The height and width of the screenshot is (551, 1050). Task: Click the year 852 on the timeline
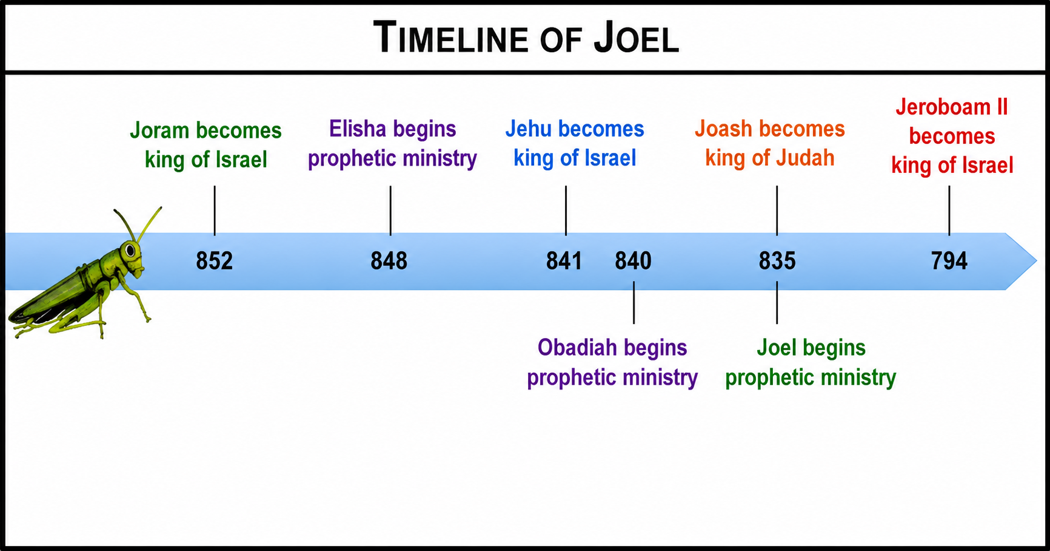click(214, 261)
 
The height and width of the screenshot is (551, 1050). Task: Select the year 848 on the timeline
click(389, 261)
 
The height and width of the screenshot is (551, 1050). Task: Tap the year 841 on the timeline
click(564, 261)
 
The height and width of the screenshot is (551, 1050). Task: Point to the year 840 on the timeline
click(633, 261)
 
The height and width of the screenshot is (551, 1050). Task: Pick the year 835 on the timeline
click(777, 261)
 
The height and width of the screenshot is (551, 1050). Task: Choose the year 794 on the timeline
click(949, 261)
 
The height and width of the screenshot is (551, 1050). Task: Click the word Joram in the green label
click(160, 130)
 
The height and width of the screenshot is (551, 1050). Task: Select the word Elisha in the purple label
click(358, 129)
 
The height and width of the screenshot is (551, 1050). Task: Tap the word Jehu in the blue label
click(529, 129)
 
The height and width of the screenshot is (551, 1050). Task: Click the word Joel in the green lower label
click(777, 348)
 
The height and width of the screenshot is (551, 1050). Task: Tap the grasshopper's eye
click(130, 249)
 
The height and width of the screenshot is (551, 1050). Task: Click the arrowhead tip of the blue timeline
click(1037, 261)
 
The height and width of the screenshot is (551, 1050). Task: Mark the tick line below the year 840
click(634, 302)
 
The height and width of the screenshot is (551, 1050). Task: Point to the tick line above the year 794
click(949, 211)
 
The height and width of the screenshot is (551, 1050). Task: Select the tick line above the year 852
click(215, 211)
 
